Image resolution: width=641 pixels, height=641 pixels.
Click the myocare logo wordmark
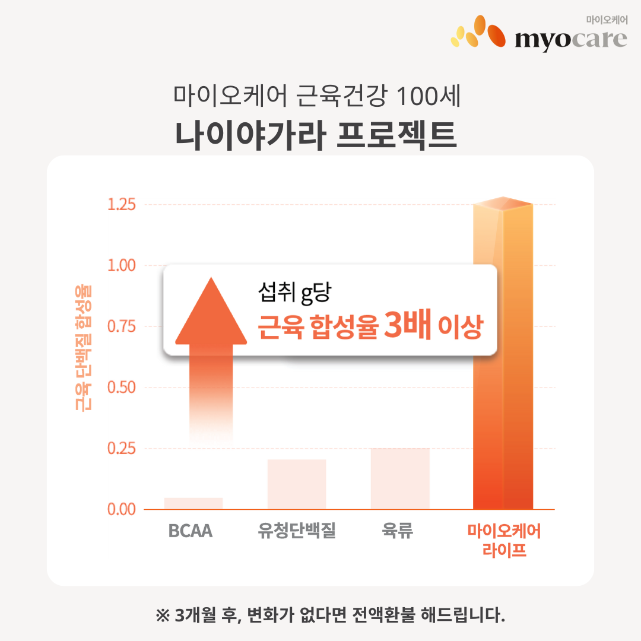point(570,39)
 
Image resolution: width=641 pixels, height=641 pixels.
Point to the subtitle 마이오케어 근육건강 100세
point(317,96)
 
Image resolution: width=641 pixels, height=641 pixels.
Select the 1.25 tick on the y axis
point(122,205)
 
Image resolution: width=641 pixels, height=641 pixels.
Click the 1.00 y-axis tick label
point(122,265)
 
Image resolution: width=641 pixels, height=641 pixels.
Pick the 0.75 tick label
point(122,326)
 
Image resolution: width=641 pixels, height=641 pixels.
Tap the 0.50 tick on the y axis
point(122,388)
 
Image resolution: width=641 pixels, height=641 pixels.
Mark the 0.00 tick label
point(122,509)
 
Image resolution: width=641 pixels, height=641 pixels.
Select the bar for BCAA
point(193,503)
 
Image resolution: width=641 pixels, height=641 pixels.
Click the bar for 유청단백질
point(297,484)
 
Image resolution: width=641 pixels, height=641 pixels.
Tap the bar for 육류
point(400,478)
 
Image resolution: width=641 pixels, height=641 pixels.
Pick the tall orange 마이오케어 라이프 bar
point(503,356)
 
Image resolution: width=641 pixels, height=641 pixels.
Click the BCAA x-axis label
point(191,531)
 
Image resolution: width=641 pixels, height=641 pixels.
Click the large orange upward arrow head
point(211,312)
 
